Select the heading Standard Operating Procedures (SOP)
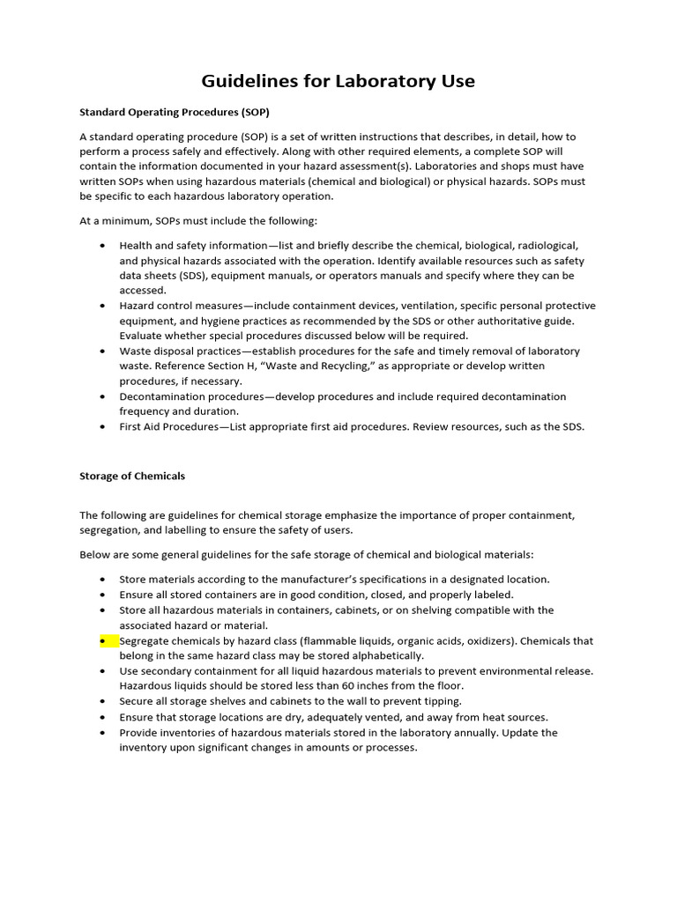(175, 113)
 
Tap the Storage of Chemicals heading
(132, 476)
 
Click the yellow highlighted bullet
(107, 641)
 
